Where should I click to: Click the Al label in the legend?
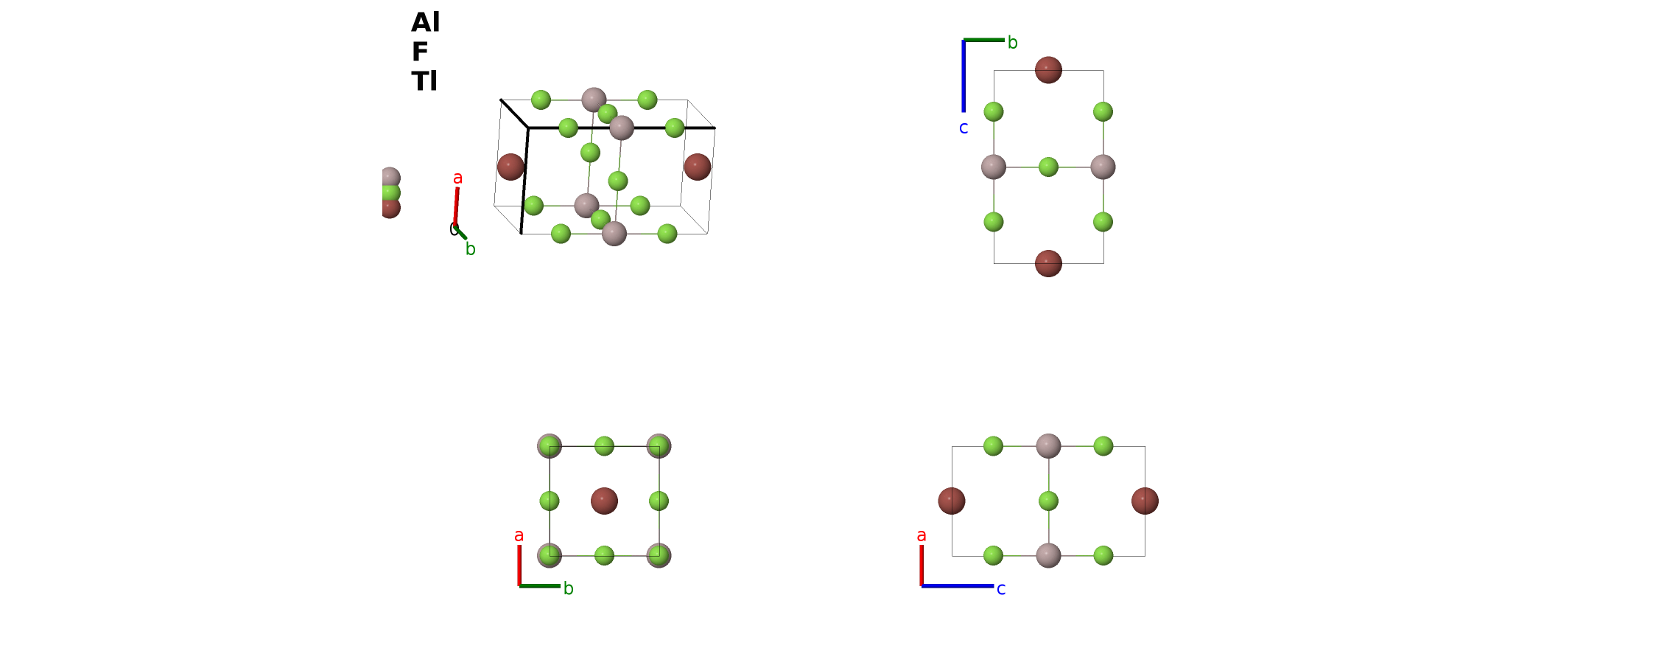pyautogui.click(x=425, y=22)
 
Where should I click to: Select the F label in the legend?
pyautogui.click(x=420, y=52)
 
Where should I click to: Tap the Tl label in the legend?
pyautogui.click(x=424, y=81)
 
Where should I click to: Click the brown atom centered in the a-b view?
pyautogui.click(x=604, y=501)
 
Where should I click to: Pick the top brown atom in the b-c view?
pyautogui.click(x=1048, y=70)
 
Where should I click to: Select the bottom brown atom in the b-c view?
pyautogui.click(x=1048, y=263)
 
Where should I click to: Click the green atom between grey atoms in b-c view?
pyautogui.click(x=1048, y=167)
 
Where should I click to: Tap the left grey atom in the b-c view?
pyautogui.click(x=994, y=167)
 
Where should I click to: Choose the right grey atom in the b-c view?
pyautogui.click(x=1103, y=167)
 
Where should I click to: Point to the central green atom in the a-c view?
pyautogui.click(x=1048, y=501)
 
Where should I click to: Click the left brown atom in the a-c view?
pyautogui.click(x=952, y=501)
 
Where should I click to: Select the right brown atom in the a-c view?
pyautogui.click(x=1145, y=501)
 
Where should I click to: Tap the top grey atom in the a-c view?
pyautogui.click(x=1048, y=446)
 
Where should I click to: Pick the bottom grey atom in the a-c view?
pyautogui.click(x=1048, y=555)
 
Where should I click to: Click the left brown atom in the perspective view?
pyautogui.click(x=510, y=167)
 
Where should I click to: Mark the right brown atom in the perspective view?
pyautogui.click(x=698, y=167)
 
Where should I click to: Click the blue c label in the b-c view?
pyautogui.click(x=964, y=128)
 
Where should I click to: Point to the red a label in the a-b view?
pyautogui.click(x=519, y=536)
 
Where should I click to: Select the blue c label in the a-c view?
pyautogui.click(x=1001, y=589)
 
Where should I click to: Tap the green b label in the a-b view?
pyautogui.click(x=569, y=588)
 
